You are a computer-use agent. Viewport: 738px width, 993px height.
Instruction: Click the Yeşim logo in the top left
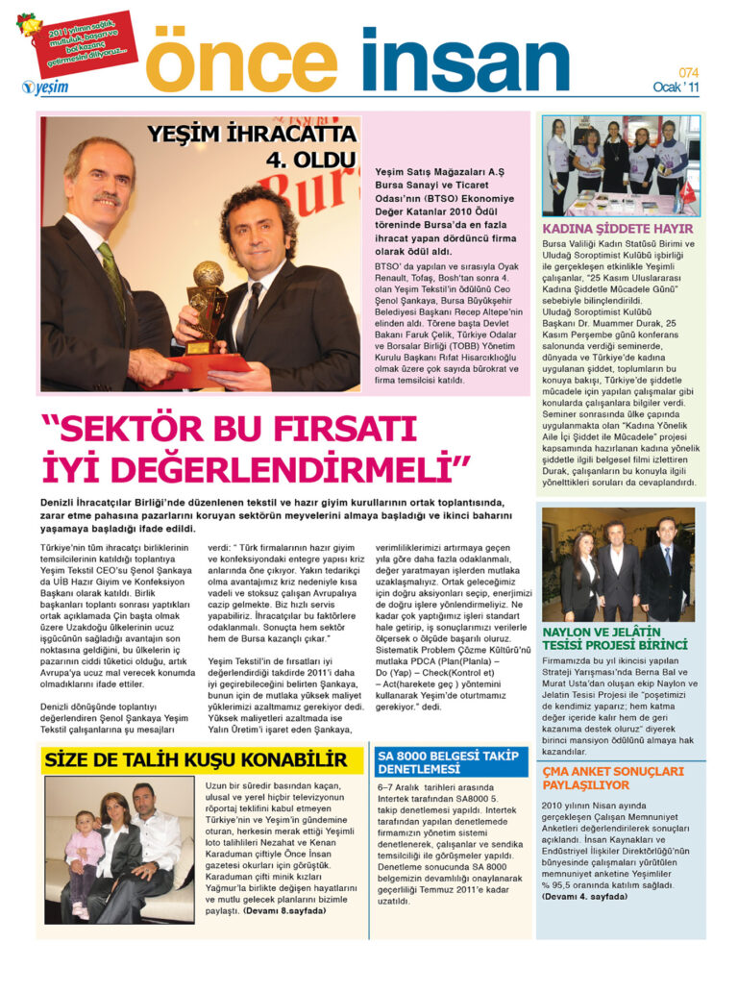(44, 87)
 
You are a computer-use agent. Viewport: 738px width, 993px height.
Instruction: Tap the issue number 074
(687, 73)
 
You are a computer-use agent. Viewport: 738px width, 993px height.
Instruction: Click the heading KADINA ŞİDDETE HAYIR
(617, 229)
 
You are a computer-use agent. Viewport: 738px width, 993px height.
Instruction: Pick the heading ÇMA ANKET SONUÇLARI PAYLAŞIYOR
(612, 778)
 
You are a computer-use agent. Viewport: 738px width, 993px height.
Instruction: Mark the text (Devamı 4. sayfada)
(585, 896)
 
